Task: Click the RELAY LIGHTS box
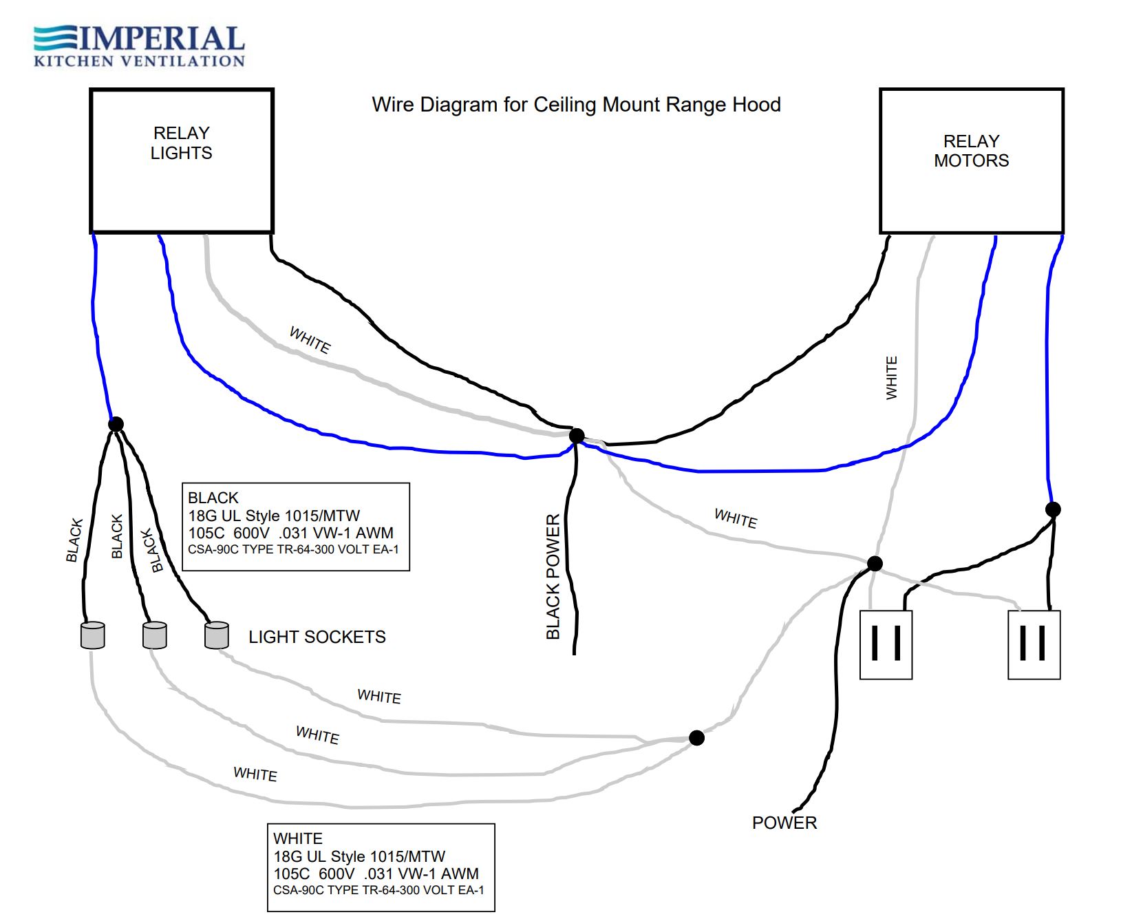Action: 182,161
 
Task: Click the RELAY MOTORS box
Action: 971,161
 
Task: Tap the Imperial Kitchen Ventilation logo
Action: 139,46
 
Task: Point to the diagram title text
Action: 576,105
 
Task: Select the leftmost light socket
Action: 93,635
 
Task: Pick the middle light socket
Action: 155,635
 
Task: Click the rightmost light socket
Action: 217,635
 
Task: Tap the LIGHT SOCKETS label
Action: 317,637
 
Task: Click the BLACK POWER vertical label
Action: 553,577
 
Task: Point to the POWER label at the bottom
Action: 784,823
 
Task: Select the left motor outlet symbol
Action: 886,644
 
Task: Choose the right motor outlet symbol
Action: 1034,644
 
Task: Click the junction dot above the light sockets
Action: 116,424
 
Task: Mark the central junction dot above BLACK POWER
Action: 577,436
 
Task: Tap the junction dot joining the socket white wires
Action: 696,738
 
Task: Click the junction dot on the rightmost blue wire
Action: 1053,509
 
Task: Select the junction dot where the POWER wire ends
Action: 875,564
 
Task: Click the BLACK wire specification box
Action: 296,527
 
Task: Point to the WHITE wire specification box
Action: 381,867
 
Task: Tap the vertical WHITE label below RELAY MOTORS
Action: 892,378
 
